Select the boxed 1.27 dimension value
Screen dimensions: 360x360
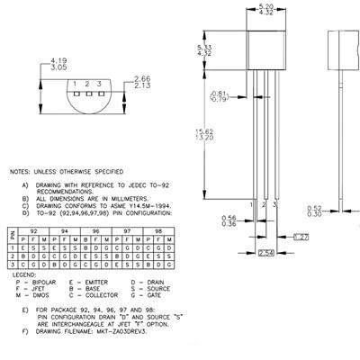coord(302,237)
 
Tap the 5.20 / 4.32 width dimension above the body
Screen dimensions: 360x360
coord(265,13)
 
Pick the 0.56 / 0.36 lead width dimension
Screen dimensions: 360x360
coord(229,220)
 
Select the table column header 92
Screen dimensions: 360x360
coord(33,230)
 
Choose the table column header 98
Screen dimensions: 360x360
coord(159,230)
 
